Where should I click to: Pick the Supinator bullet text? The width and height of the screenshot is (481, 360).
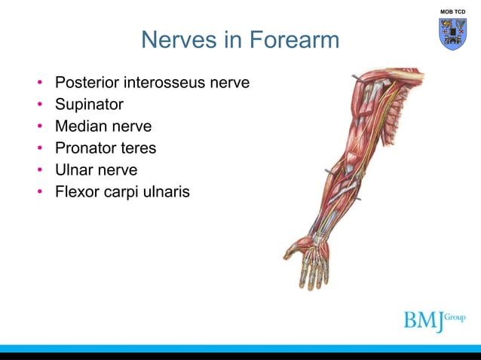89,103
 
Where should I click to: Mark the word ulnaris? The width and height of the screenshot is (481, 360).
167,193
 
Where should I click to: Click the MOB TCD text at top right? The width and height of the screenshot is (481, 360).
453,11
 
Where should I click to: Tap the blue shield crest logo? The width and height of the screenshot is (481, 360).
453,34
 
